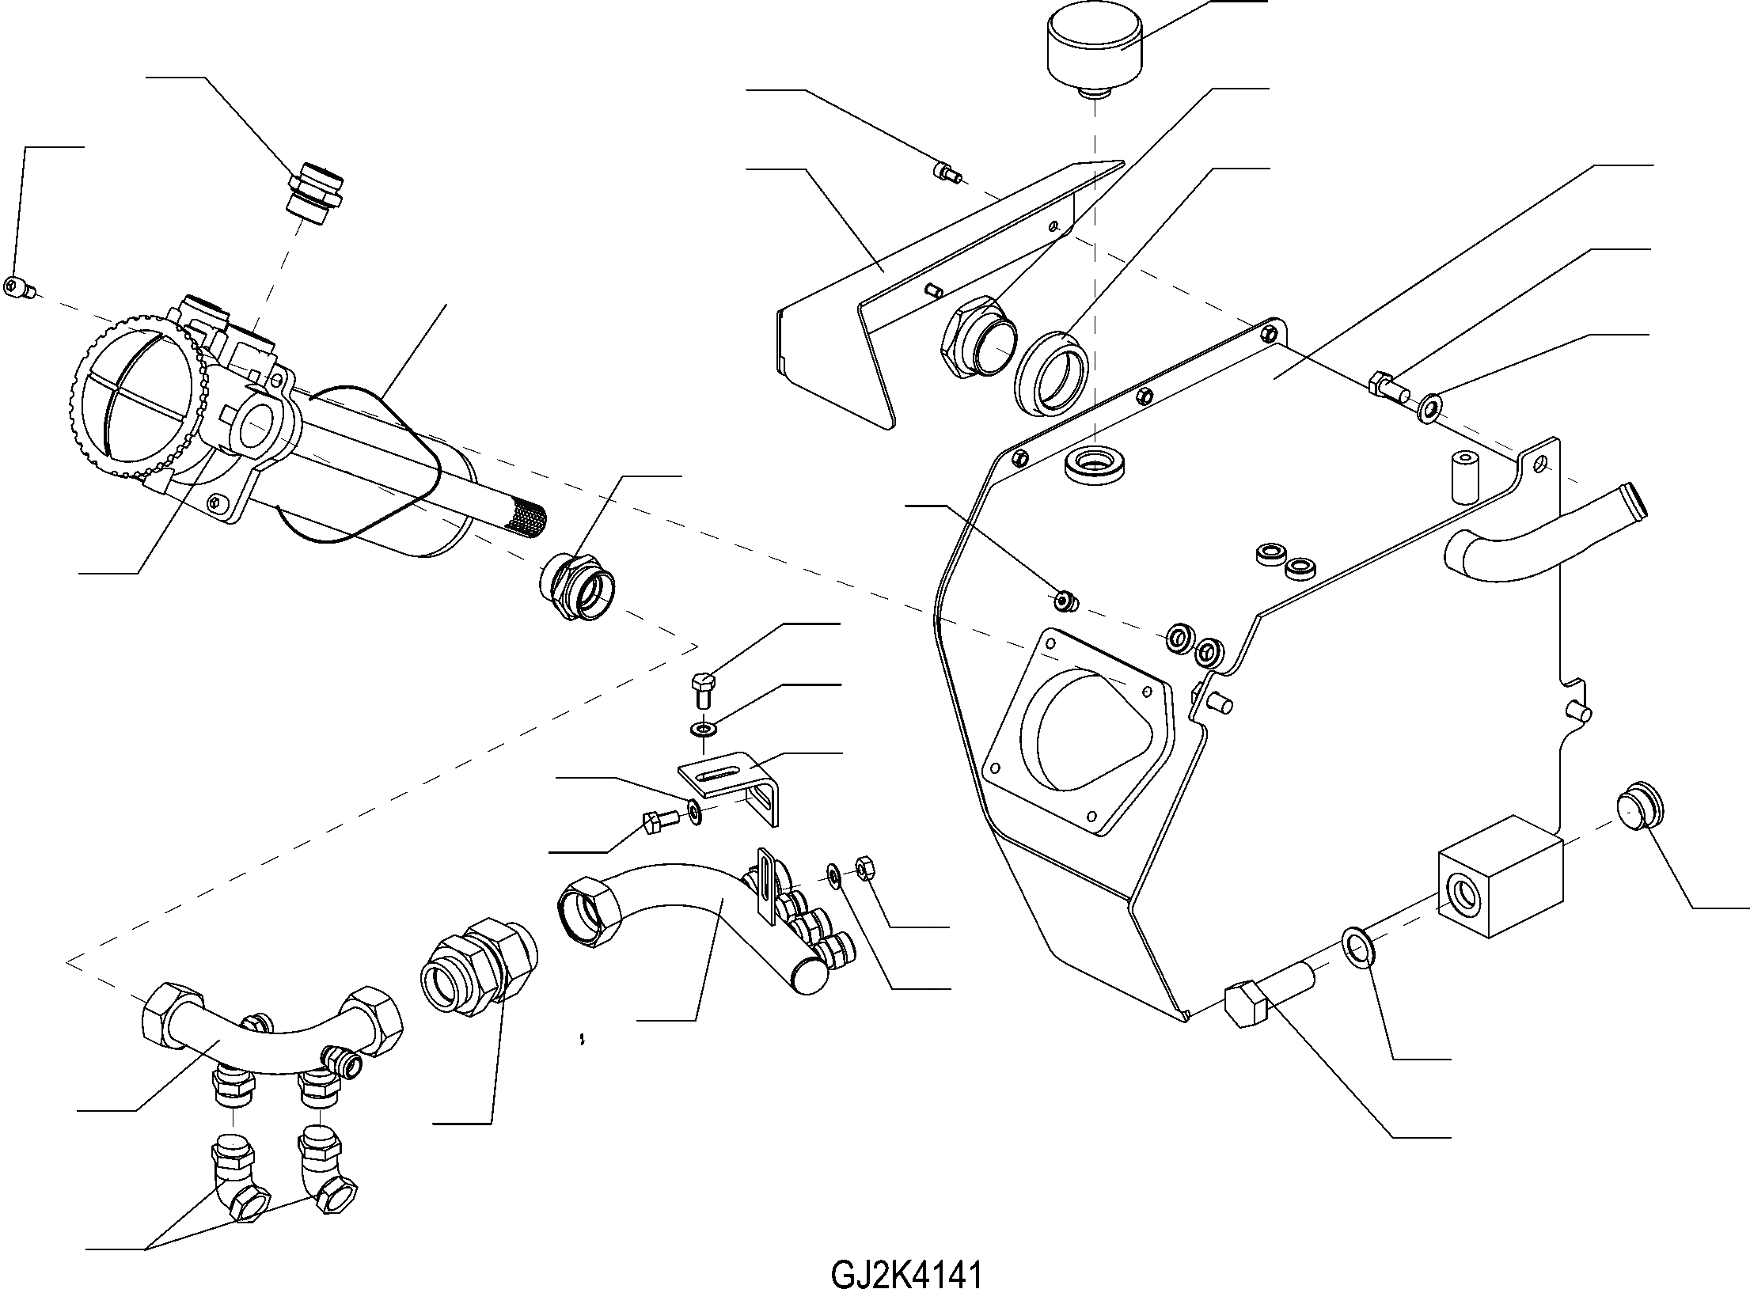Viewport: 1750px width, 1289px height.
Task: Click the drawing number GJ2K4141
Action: [906, 1253]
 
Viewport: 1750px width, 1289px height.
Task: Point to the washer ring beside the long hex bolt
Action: [1356, 948]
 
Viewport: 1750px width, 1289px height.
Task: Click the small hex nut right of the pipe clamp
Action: [864, 868]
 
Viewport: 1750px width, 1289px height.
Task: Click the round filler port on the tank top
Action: [1095, 464]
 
